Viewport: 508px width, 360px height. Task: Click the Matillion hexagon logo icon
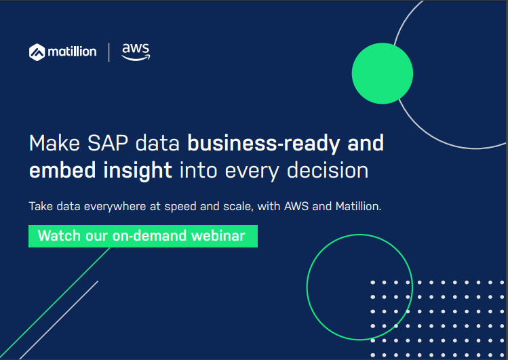[x=37, y=52]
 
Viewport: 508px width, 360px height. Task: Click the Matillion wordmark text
[x=73, y=52]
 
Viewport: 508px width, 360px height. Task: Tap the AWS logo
[x=136, y=52]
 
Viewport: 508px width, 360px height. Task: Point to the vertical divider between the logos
[x=109, y=52]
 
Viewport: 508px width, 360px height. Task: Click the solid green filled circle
[x=383, y=73]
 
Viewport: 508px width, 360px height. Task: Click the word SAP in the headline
[x=108, y=143]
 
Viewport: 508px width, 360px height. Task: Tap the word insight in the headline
[x=138, y=171]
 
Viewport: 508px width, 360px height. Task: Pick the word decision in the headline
[x=328, y=170]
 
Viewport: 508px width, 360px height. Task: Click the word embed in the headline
[x=62, y=170]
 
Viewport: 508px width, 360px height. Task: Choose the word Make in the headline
[x=54, y=143]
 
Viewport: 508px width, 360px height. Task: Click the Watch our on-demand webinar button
[x=143, y=237]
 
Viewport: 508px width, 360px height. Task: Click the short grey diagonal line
[x=58, y=320]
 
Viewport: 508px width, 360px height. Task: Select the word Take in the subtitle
[x=41, y=206]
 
